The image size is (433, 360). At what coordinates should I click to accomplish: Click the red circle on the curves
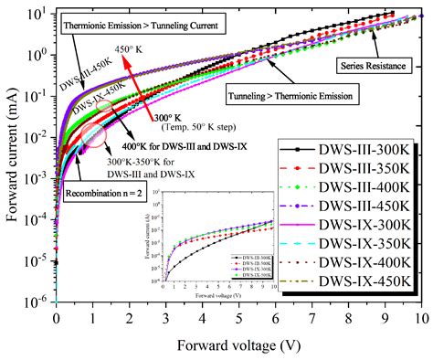click(93, 137)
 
